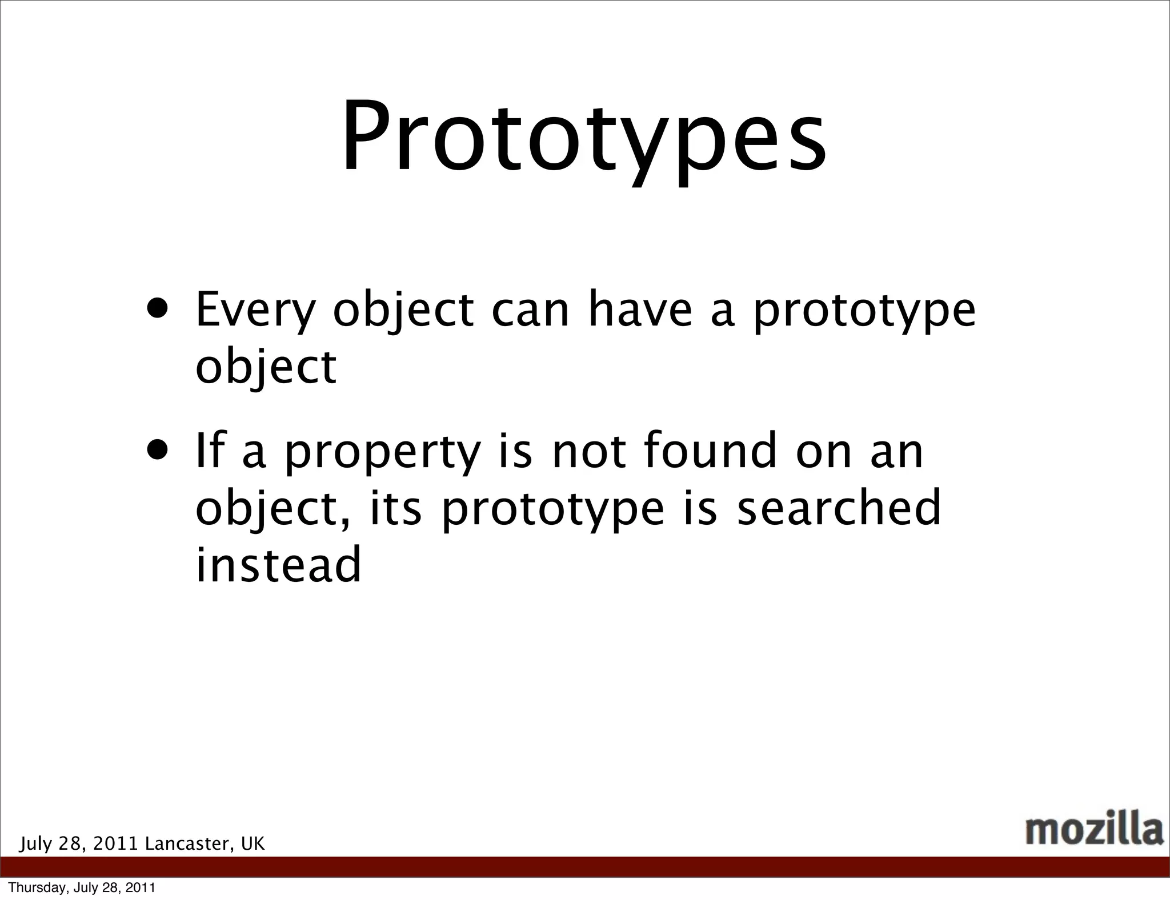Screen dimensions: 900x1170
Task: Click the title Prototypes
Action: click(583, 137)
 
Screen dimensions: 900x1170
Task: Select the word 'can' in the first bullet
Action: click(530, 311)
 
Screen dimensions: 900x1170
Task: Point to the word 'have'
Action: click(640, 311)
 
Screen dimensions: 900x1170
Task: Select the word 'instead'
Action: click(279, 564)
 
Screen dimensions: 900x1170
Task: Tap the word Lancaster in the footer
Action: click(187, 843)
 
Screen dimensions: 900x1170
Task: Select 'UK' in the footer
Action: click(253, 843)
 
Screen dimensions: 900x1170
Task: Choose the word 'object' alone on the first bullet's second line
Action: click(266, 368)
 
